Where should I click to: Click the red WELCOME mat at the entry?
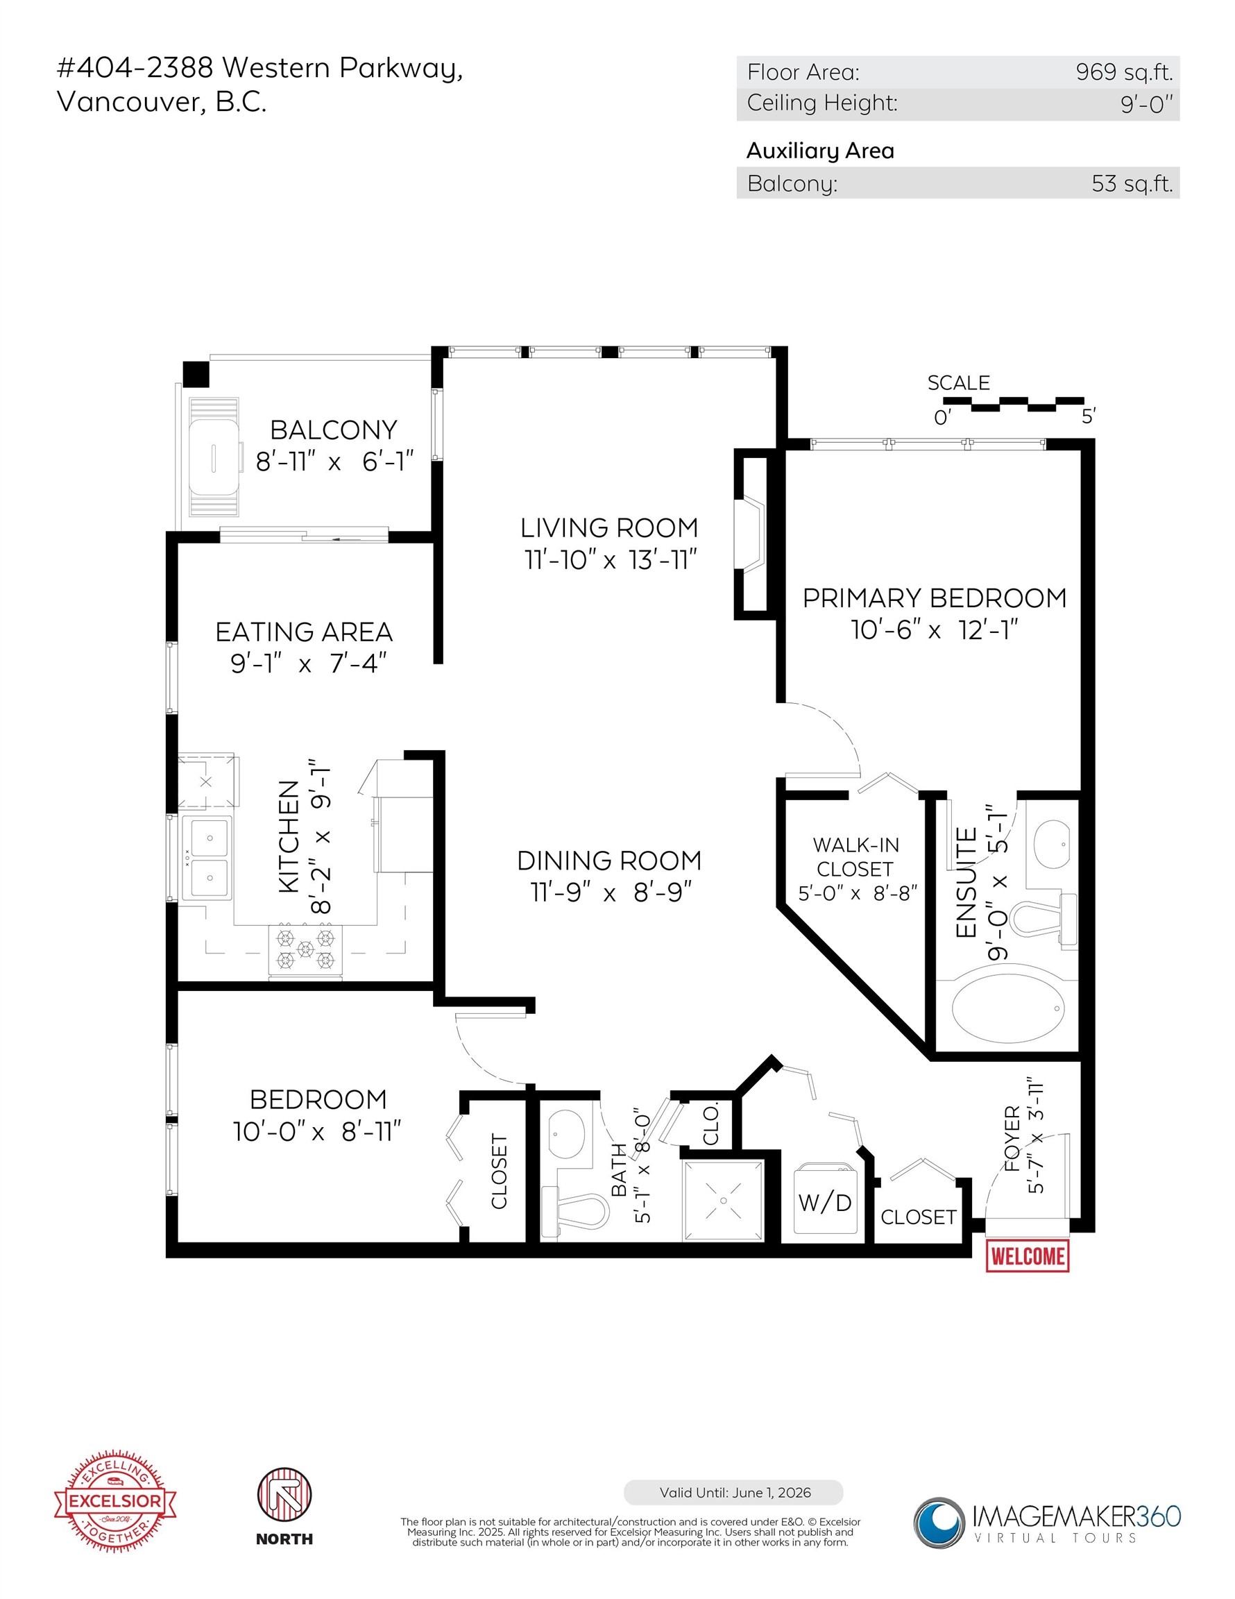coord(1026,1256)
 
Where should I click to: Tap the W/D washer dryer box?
coord(824,1202)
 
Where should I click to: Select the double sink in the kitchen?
coord(208,858)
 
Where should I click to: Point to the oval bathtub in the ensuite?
coord(1008,1008)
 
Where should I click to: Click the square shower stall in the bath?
coord(723,1200)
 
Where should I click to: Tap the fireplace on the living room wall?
coord(752,534)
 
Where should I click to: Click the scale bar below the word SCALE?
coord(1013,403)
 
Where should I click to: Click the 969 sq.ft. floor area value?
coord(1124,71)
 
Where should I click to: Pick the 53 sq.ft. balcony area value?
coord(1131,183)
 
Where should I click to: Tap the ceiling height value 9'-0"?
coord(1145,104)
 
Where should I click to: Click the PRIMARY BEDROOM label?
coord(934,598)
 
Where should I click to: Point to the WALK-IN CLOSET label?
coord(855,856)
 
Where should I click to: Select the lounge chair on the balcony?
coord(214,457)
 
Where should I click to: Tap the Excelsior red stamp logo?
coord(115,1501)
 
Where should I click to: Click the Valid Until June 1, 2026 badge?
coord(733,1492)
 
